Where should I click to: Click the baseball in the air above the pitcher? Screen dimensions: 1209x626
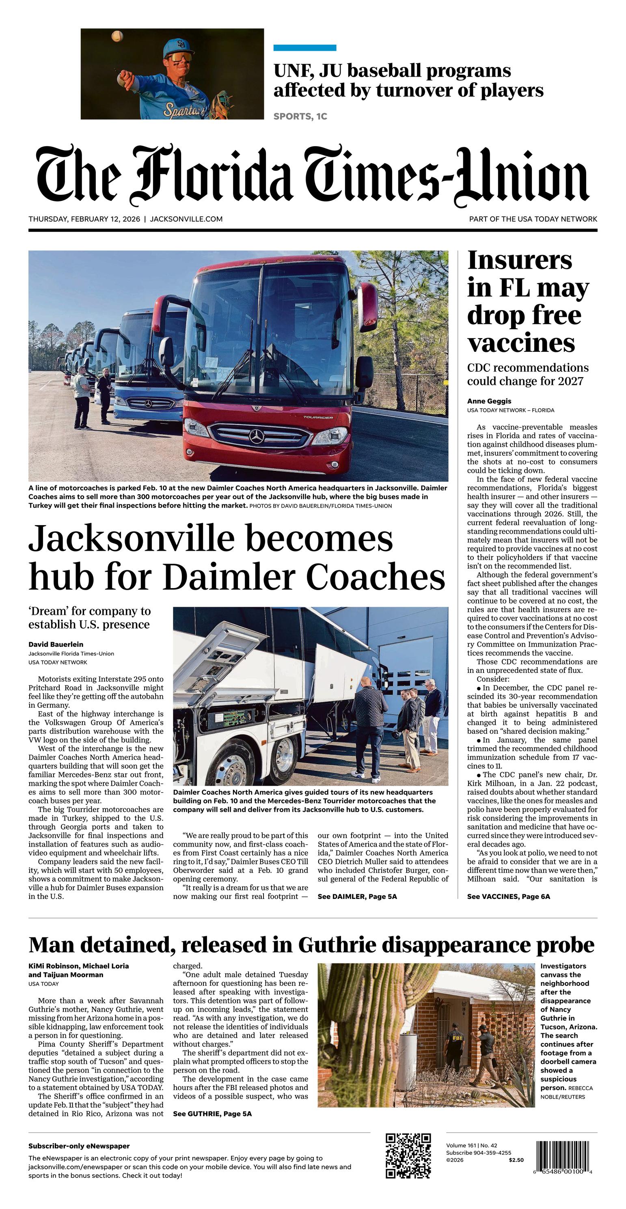(117, 36)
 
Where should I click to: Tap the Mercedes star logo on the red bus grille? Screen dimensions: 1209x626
(257, 436)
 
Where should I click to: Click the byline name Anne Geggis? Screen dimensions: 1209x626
(489, 401)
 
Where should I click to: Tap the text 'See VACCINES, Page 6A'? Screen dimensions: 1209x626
(508, 897)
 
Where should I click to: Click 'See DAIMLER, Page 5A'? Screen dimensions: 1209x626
(357, 897)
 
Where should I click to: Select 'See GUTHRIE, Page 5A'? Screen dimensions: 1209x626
(212, 1114)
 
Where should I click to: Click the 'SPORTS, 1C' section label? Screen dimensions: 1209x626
(300, 116)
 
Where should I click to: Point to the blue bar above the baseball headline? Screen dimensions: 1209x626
(305, 47)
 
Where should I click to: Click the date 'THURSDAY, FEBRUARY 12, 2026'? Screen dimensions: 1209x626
(84, 219)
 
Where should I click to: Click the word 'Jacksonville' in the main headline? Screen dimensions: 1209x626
(131, 539)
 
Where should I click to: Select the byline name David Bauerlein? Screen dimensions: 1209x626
(56, 644)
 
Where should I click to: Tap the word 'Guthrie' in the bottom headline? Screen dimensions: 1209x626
(337, 944)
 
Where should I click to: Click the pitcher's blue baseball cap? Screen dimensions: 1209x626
(179, 47)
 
